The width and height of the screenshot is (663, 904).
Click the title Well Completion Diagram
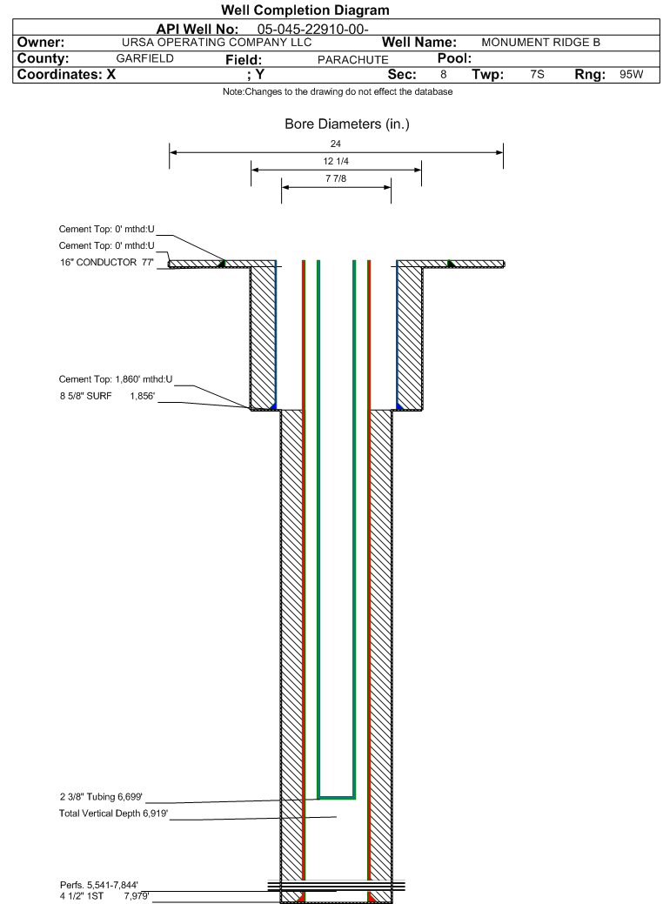pos(305,10)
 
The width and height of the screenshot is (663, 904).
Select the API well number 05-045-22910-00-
pos(313,30)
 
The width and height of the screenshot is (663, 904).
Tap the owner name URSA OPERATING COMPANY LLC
pos(217,43)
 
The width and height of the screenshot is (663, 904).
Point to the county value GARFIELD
pos(144,58)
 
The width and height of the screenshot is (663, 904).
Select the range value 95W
pos(631,75)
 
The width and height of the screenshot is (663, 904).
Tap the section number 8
pos(443,75)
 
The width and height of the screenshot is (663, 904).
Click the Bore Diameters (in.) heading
pos(346,124)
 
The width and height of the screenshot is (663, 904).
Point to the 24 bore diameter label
pos(336,144)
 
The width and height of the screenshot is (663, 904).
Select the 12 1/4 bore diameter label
pos(336,162)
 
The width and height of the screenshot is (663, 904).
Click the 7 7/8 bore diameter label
pos(336,180)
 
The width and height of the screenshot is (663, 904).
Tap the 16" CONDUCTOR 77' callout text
pos(107,261)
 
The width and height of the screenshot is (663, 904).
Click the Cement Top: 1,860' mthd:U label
pos(116,379)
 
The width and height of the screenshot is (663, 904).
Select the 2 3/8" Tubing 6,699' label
pos(101,797)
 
